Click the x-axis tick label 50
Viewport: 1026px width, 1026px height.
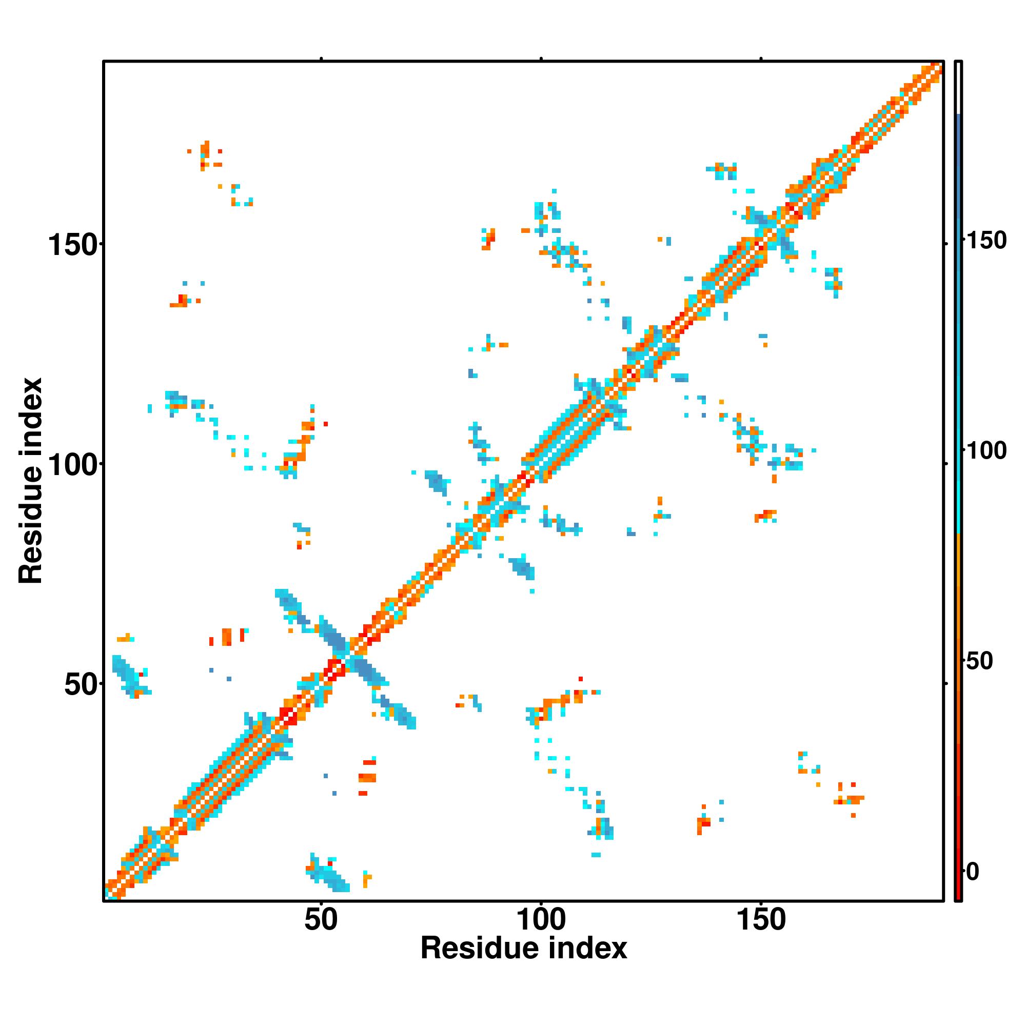pos(321,919)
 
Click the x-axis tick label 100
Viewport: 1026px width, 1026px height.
pos(541,919)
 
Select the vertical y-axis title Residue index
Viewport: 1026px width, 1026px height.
pos(31,481)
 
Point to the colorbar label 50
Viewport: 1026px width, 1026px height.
pos(979,661)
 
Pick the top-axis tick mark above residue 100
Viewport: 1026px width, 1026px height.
pos(541,58)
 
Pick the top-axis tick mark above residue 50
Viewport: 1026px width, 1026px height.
pos(321,58)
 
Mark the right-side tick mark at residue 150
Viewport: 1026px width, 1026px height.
pos(946,244)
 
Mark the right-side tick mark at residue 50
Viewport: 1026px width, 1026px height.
pos(946,683)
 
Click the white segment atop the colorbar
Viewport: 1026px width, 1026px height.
pos(959,88)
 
